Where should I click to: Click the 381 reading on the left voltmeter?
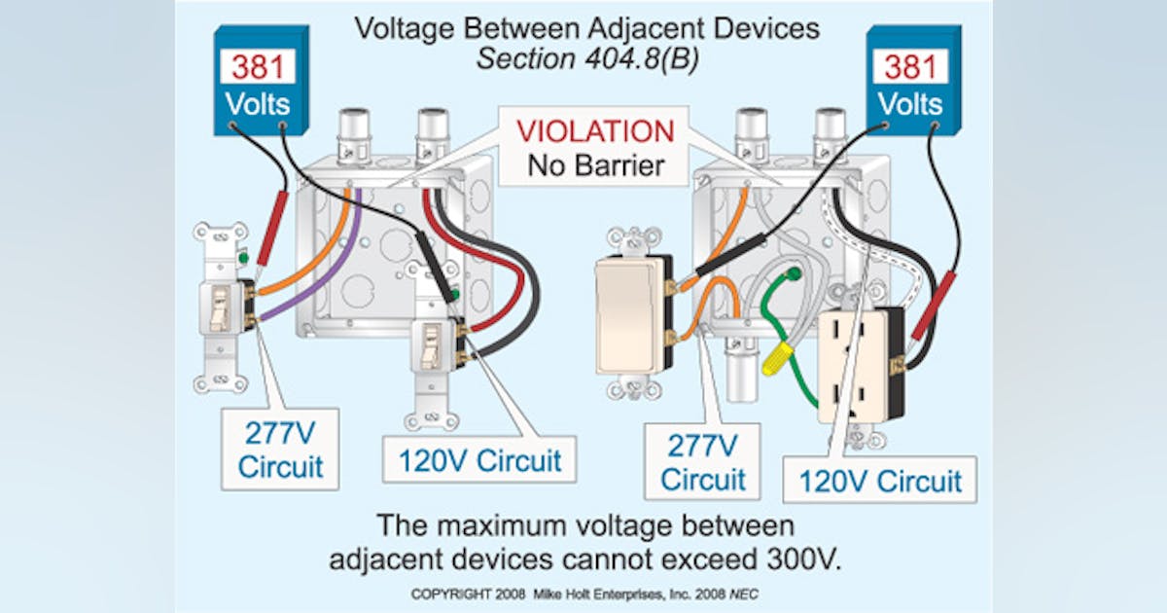258,67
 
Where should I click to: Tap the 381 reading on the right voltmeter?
911,67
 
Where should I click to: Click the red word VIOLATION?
594,131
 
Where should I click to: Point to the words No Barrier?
595,164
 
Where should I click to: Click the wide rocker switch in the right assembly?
628,316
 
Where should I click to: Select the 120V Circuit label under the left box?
478,459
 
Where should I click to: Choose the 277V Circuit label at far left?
280,449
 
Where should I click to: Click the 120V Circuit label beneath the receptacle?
879,481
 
